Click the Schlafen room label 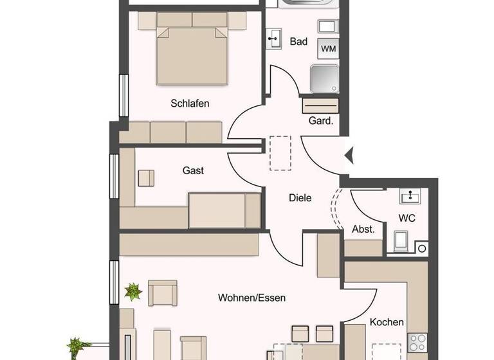tap(190, 103)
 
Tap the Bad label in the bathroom tap(298, 42)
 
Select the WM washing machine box tap(328, 48)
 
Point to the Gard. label tap(321, 121)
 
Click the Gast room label tap(193, 170)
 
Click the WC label tap(407, 218)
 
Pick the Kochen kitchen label tap(387, 322)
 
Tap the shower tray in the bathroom tap(325, 78)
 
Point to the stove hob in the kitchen tap(417, 340)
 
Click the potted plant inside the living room tap(133, 292)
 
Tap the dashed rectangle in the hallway tap(280, 152)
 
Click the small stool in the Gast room tap(146, 177)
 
